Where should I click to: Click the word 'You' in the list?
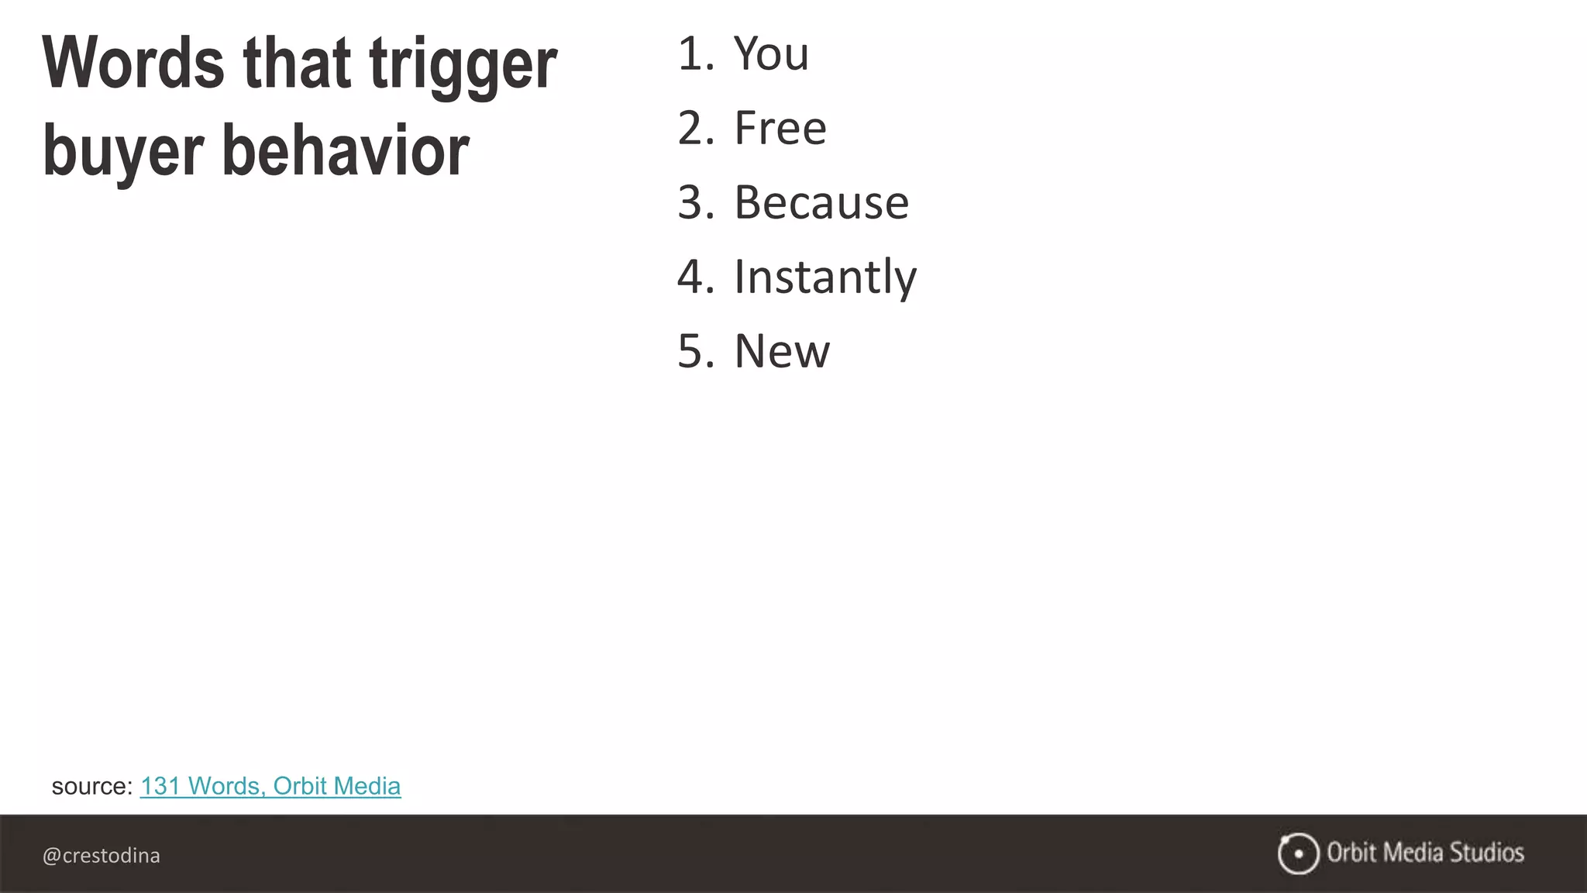771,54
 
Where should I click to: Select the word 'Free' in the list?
780,129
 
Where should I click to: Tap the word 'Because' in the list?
821,203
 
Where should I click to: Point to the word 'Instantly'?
824,278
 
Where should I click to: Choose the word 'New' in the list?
781,351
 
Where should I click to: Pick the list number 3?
694,203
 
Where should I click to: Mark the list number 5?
694,351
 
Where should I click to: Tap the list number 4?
694,278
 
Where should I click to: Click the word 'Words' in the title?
133,64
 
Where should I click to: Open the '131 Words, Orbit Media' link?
270,786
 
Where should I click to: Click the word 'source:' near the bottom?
92,787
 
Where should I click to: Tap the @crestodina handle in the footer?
102,856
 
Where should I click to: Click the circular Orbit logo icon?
1298,853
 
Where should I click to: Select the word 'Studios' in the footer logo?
1486,853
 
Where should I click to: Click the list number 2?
694,129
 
